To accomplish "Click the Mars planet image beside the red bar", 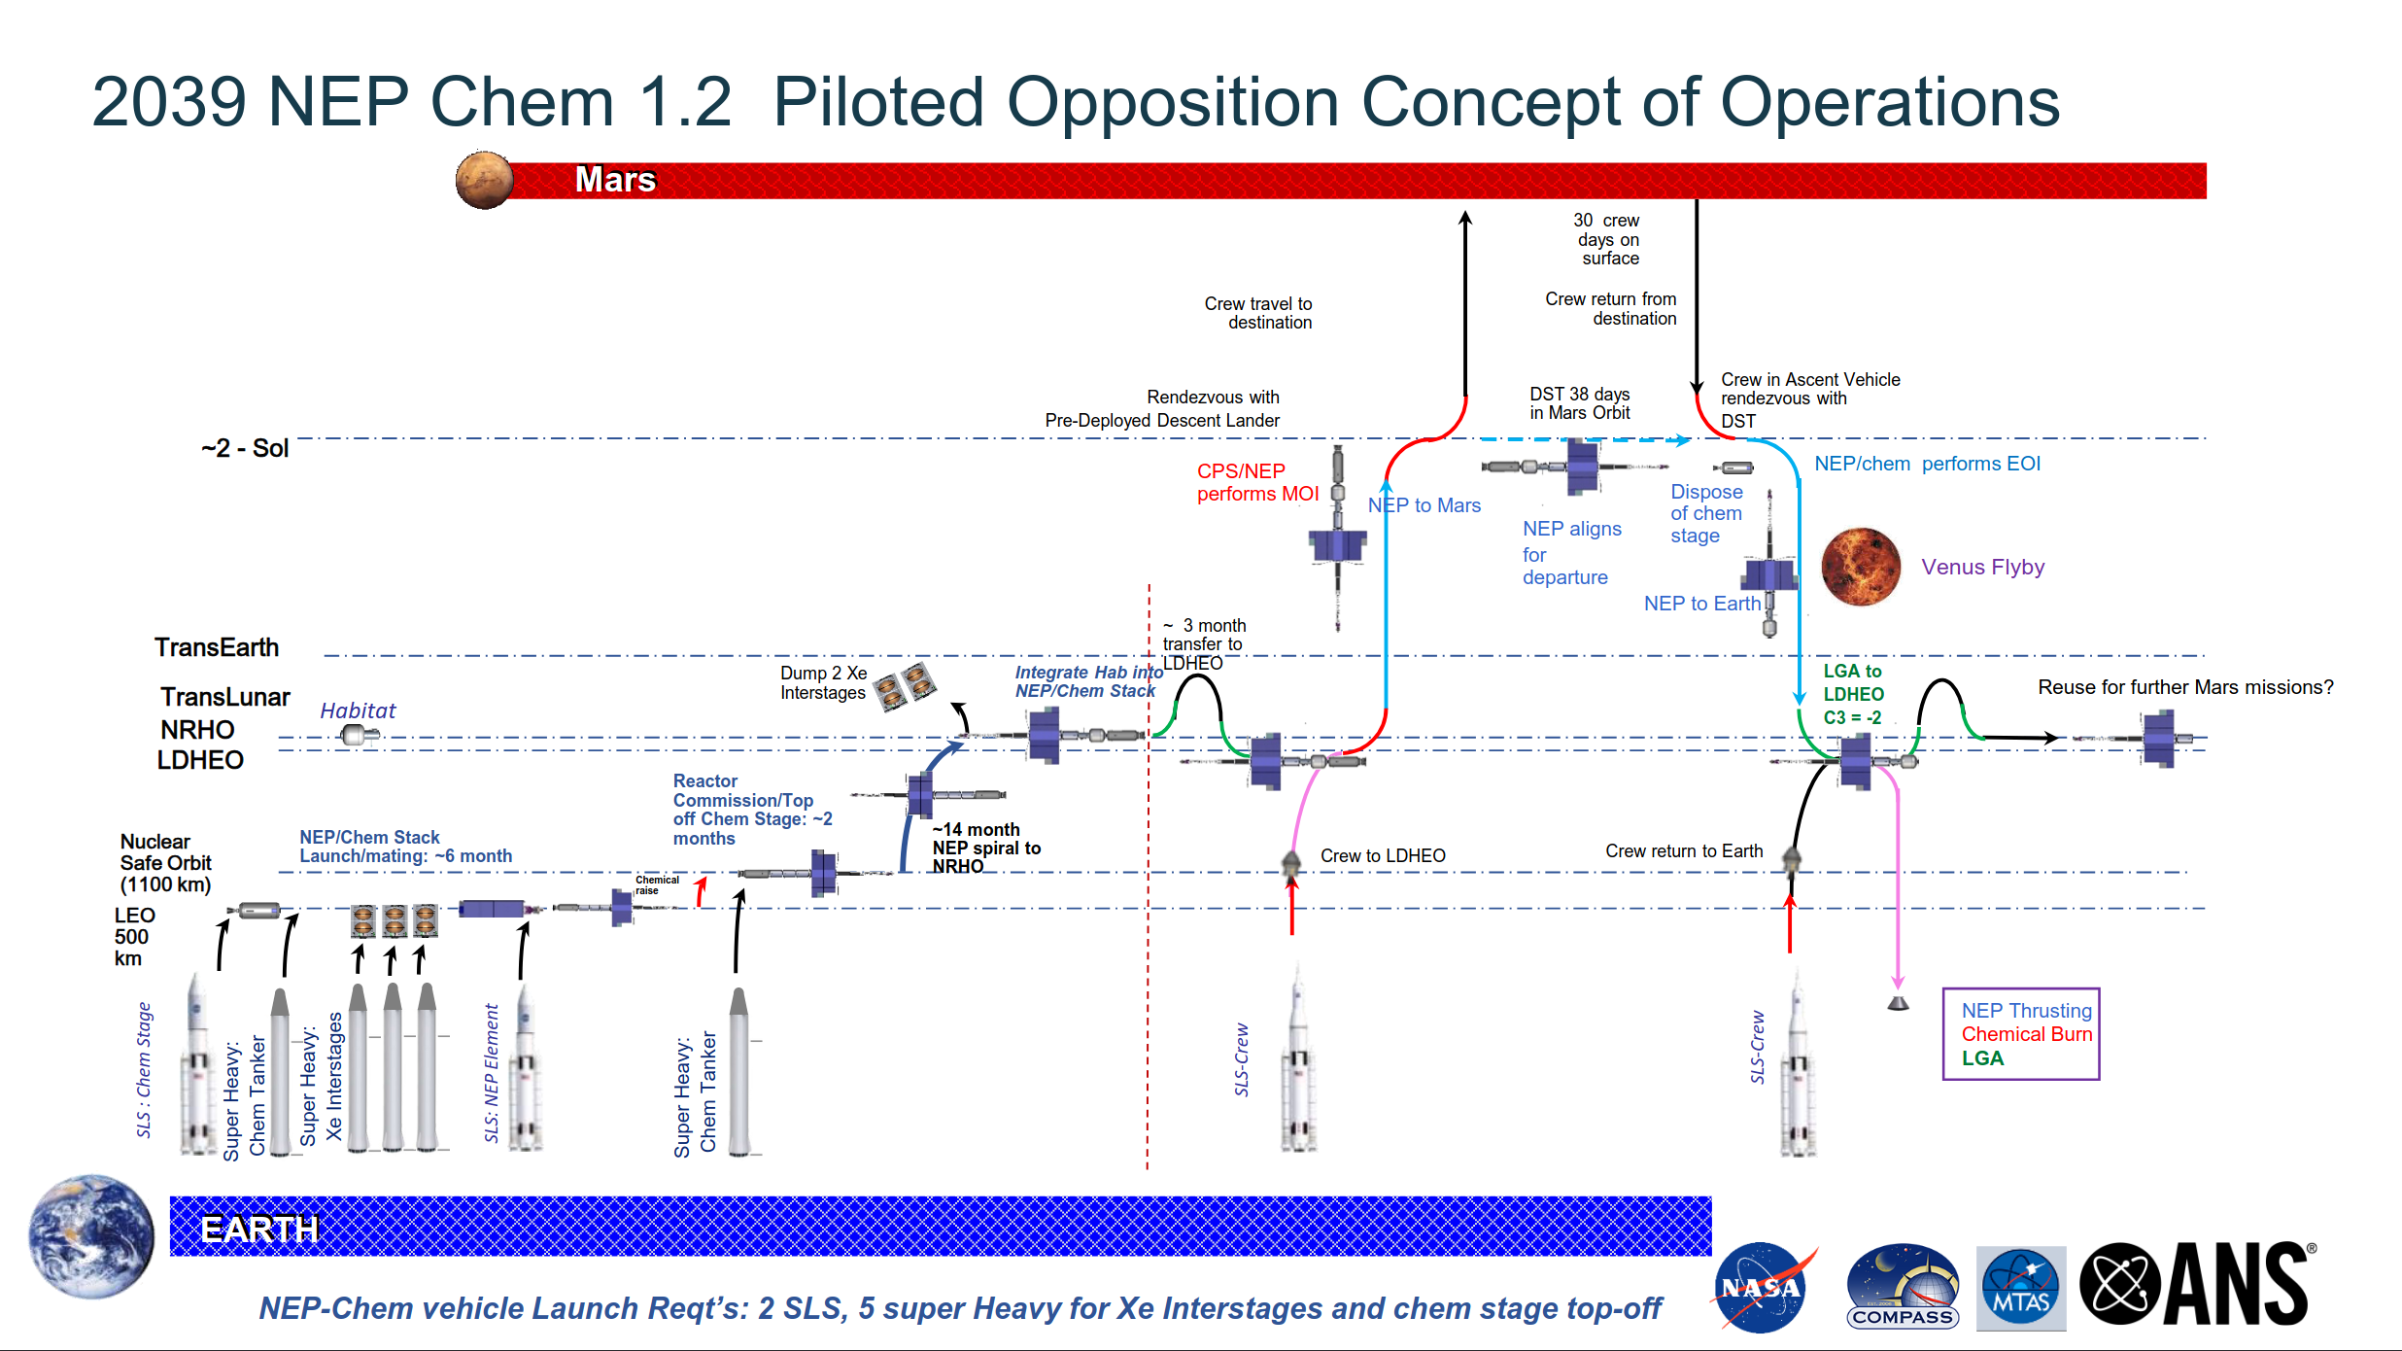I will click(484, 180).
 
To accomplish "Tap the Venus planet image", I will click(1860, 567).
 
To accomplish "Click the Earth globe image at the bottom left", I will click(91, 1235).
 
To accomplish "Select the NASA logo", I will click(1762, 1287).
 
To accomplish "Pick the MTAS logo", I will click(2021, 1288).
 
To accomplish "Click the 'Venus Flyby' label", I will click(1982, 567).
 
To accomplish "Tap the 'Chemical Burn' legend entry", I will click(2026, 1034).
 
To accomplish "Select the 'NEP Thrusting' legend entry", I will click(2026, 1011).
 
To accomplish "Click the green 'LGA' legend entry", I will click(1982, 1058).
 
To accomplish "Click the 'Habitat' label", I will click(358, 710).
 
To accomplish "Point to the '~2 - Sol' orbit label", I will click(245, 448).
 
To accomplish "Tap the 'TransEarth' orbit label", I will click(217, 647).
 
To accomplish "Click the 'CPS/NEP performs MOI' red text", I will click(1257, 482).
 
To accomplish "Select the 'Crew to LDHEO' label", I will click(1383, 855).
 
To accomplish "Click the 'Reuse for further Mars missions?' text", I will click(2185, 687).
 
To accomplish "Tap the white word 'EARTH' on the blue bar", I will click(259, 1230).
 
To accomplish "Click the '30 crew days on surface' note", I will click(1608, 239).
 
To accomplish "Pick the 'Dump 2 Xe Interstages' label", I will click(823, 682).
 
